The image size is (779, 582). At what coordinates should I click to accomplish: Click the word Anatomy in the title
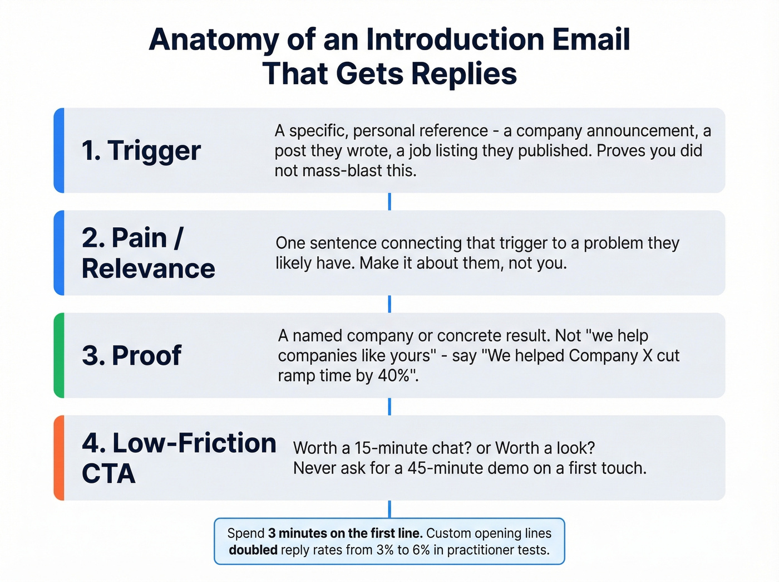[x=214, y=40]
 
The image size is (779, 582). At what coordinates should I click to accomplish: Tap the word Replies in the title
[x=465, y=74]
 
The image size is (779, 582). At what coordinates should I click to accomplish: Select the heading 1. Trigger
[x=141, y=151]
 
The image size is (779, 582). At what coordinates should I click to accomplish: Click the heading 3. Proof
[x=131, y=356]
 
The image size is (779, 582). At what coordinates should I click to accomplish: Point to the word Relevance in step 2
[x=148, y=269]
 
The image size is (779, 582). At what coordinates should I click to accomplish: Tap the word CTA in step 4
[x=109, y=474]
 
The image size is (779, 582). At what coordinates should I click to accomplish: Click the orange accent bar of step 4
[x=59, y=458]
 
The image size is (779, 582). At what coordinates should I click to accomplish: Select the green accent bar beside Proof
[x=59, y=355]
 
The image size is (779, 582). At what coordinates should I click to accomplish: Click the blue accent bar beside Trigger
[x=59, y=150]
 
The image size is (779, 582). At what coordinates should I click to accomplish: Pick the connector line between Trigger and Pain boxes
[x=389, y=202]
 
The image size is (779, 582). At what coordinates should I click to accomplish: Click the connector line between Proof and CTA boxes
[x=389, y=407]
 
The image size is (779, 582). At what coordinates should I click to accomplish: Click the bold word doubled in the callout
[x=253, y=550]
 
